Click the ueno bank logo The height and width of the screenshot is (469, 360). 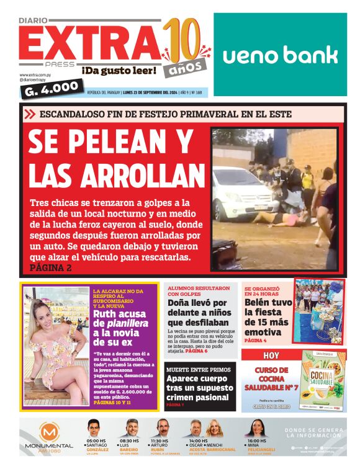pyautogui.click(x=280, y=55)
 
